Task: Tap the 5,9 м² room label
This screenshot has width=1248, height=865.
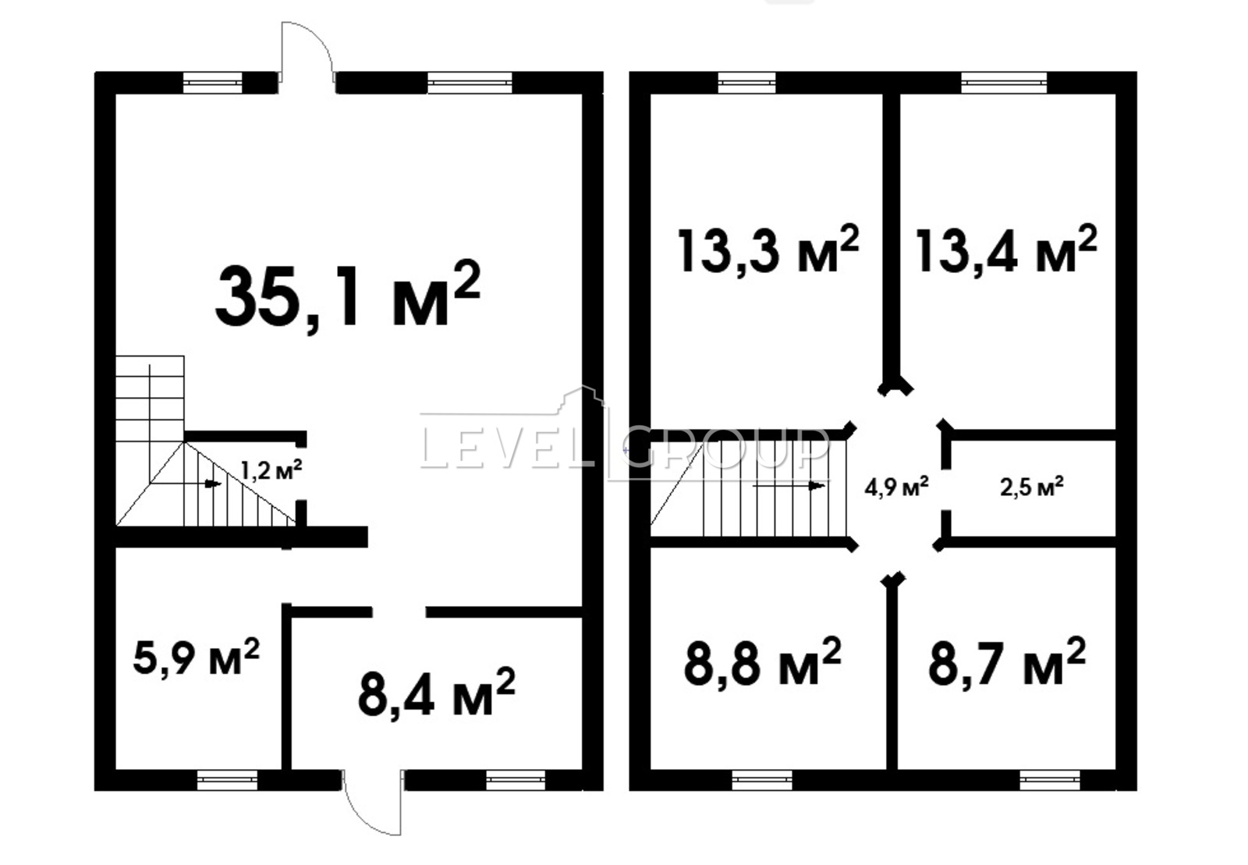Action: [x=196, y=657]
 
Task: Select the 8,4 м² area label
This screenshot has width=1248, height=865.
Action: [x=437, y=693]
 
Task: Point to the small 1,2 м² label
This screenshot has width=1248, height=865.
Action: [x=271, y=470]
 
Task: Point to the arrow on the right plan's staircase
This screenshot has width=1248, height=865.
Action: [x=789, y=486]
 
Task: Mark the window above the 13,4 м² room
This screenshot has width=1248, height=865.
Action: [x=1004, y=83]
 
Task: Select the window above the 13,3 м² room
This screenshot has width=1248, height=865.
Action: [x=746, y=83]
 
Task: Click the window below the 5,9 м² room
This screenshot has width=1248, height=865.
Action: [x=227, y=780]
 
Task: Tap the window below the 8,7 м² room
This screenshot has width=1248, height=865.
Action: [x=1050, y=780]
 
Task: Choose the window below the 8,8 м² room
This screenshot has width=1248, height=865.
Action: [x=761, y=780]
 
